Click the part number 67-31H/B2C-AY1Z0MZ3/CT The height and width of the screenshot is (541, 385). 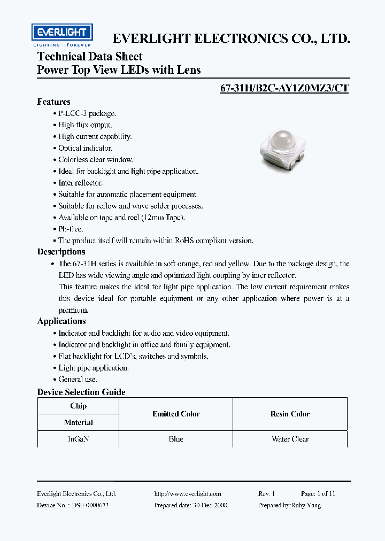(x=284, y=89)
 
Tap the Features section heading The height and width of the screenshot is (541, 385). (x=53, y=102)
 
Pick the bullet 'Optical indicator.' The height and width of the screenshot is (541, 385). (x=85, y=148)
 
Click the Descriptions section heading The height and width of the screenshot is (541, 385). (x=61, y=252)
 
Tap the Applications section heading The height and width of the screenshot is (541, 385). (x=61, y=321)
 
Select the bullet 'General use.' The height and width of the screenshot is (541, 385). (x=78, y=380)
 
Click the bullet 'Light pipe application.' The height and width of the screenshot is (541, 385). (x=93, y=368)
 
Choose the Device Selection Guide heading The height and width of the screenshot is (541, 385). (x=81, y=392)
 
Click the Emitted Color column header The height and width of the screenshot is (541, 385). (x=176, y=414)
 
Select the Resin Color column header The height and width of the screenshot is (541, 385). (x=290, y=414)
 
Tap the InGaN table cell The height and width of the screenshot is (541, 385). (x=78, y=439)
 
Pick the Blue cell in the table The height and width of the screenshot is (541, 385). (x=176, y=439)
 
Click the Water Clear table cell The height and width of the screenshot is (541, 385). (x=290, y=439)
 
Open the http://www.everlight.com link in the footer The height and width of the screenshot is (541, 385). (x=188, y=494)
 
